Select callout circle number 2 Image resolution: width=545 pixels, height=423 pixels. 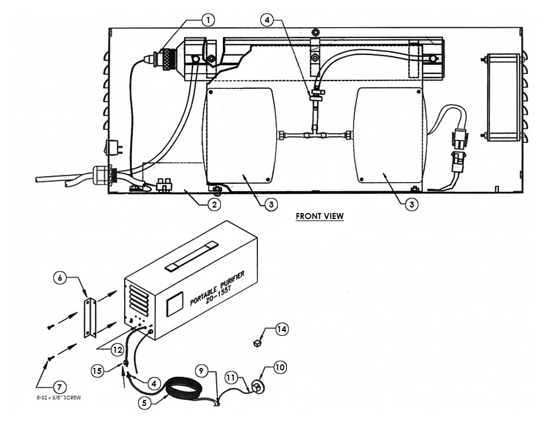(213, 205)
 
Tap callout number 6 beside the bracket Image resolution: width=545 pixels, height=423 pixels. (61, 278)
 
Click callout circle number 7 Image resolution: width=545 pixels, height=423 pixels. (60, 387)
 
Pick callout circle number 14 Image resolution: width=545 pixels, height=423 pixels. (281, 329)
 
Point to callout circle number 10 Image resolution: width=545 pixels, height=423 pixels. (280, 367)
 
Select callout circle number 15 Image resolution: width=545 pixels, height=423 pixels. (97, 370)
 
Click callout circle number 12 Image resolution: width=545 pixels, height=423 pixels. (116, 349)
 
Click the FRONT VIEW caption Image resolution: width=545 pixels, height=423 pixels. (319, 216)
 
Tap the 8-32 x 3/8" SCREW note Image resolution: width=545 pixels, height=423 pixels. (58, 398)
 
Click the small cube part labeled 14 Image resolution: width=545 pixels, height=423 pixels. (257, 343)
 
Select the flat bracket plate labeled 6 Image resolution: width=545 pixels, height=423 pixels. (90, 318)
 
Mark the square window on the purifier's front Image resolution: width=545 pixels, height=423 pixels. (174, 304)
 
